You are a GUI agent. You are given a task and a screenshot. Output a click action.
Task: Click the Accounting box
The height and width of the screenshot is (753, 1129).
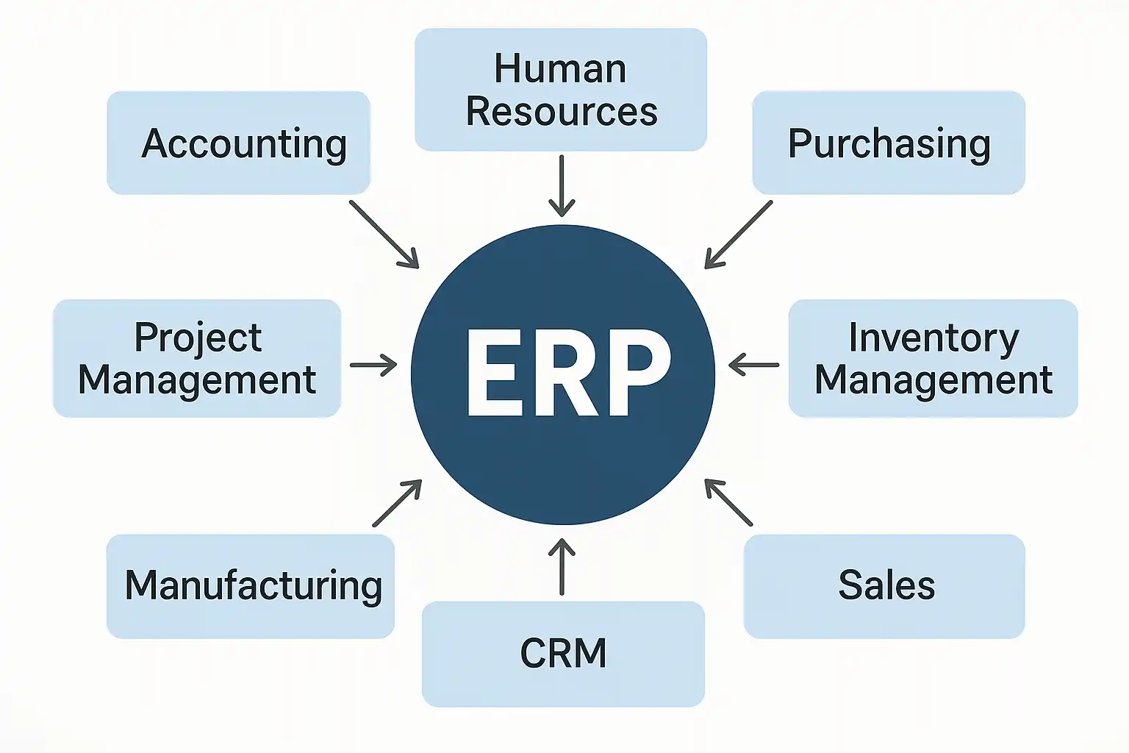238,143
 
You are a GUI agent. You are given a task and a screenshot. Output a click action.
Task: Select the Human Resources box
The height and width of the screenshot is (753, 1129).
561,89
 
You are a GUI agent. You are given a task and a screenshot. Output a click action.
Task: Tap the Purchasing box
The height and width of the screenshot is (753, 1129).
889,143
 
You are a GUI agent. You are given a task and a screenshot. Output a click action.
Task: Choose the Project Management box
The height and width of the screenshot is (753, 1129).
197,358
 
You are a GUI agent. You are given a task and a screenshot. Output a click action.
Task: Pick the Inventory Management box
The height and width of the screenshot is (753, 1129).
933,358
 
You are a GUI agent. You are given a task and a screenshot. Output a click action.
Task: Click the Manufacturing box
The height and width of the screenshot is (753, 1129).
251,587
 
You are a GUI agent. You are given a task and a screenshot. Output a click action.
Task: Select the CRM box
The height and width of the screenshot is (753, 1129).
563,654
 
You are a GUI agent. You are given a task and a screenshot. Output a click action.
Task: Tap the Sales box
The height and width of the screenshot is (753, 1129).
884,587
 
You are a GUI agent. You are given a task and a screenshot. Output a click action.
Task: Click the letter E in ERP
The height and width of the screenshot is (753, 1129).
494,373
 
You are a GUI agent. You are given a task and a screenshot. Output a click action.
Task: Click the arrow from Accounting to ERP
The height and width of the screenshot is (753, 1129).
384,235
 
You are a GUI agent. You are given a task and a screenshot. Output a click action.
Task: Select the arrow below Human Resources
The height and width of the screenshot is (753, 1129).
562,185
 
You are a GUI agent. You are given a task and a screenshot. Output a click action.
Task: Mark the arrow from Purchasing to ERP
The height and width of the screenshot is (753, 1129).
739,235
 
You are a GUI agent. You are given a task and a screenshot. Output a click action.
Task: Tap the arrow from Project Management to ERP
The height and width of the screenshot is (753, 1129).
373,365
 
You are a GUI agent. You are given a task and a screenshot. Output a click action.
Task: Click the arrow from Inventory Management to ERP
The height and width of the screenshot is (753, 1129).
754,365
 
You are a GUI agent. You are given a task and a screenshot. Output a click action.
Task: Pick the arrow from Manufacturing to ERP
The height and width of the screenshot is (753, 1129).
397,503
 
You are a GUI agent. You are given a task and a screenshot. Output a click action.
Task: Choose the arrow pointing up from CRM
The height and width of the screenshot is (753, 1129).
562,567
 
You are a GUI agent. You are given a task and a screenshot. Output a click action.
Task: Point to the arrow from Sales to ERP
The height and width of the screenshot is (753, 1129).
728,502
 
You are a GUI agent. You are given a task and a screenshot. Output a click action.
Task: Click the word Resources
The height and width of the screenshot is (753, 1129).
562,112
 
